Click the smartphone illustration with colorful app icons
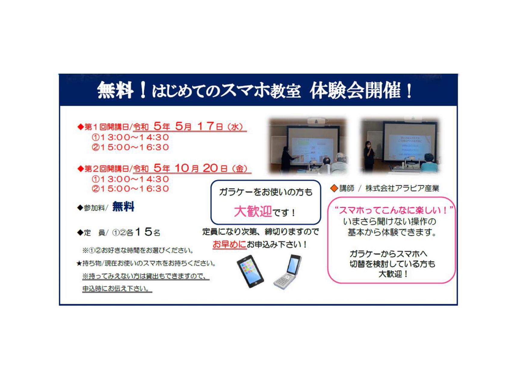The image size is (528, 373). click(250, 271)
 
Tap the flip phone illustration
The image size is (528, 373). click(288, 272)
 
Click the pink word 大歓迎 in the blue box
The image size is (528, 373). click(253, 211)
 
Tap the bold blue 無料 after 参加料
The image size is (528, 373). click(123, 207)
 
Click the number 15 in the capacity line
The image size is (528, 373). click(144, 231)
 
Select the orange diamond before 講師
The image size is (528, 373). click(334, 188)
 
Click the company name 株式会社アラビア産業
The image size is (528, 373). click(402, 188)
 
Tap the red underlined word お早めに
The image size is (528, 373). click(230, 244)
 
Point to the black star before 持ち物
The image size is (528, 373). click(79, 264)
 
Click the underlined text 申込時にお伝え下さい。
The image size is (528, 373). click(117, 289)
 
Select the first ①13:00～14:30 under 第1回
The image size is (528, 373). click(130, 137)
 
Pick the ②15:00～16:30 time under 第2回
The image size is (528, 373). click(130, 189)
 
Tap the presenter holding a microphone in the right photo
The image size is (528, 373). click(369, 156)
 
